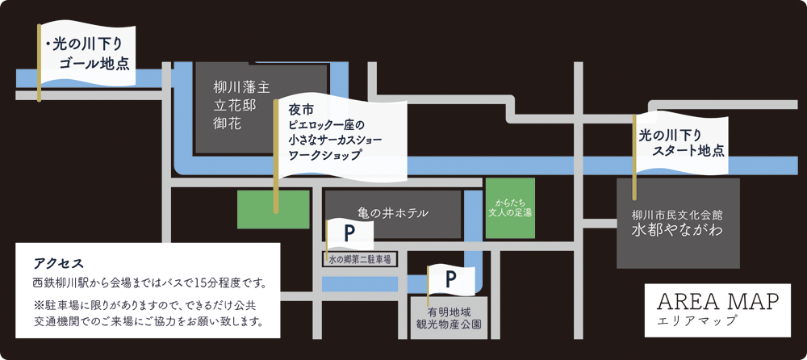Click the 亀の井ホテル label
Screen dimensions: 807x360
[393, 214]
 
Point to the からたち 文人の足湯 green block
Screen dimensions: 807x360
[510, 208]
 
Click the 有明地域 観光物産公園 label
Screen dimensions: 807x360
[448, 318]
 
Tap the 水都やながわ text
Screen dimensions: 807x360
[678, 230]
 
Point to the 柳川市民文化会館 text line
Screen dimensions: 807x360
[678, 213]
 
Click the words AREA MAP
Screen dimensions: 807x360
[718, 303]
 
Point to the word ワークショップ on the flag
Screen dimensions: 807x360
[324, 155]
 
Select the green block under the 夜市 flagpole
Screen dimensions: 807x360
[274, 210]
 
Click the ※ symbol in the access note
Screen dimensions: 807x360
[37, 306]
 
